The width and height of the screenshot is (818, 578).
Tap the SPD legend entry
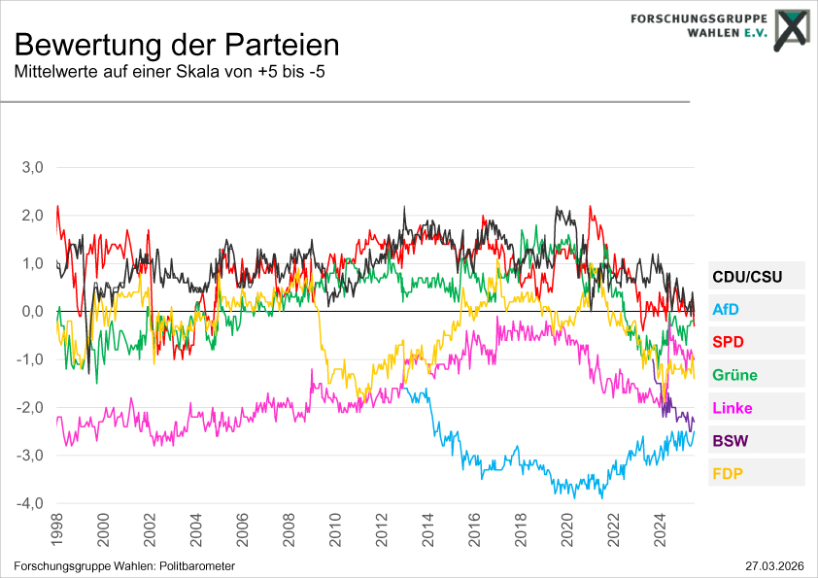pyautogui.click(x=729, y=342)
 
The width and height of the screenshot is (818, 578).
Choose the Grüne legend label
pyautogui.click(x=734, y=375)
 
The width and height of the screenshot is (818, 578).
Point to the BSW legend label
pyautogui.click(x=731, y=441)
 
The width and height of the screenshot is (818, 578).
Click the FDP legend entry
pyautogui.click(x=729, y=474)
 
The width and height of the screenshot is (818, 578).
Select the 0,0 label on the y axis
pyautogui.click(x=33, y=311)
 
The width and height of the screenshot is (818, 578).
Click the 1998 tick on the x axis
pyautogui.click(x=57, y=529)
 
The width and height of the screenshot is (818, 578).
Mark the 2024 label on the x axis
pyautogui.click(x=660, y=529)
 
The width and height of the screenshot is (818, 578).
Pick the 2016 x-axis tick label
pyautogui.click(x=474, y=529)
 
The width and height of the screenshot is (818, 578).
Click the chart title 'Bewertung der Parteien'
pyautogui.click(x=177, y=45)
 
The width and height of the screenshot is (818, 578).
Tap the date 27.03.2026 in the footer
pyautogui.click(x=773, y=565)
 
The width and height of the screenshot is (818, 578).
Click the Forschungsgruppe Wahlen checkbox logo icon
pyautogui.click(x=791, y=29)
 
